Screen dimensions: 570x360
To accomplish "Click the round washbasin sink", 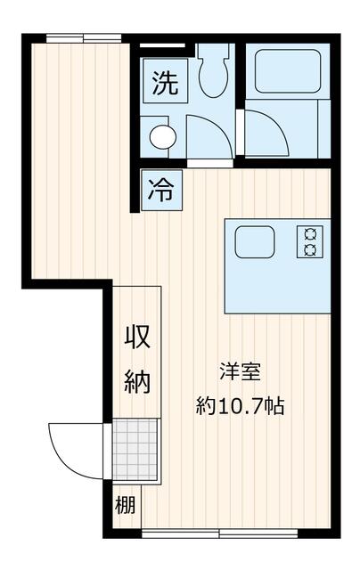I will (162, 136).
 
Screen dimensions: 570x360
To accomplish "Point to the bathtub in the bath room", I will (287, 72).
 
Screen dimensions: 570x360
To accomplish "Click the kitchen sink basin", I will (255, 241).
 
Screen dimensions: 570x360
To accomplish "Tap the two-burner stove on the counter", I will (310, 241).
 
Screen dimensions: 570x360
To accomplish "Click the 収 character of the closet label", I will (136, 338).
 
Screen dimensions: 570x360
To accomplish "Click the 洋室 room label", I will (241, 370).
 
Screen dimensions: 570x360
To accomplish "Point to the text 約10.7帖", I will (241, 407).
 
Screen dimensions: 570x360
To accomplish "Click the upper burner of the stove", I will (310, 233).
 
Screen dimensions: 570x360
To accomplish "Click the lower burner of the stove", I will (310, 249).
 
